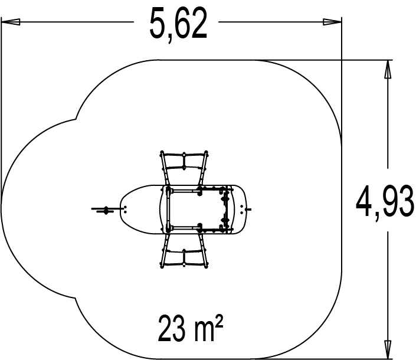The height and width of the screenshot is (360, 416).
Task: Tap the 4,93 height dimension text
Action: pyautogui.click(x=385, y=201)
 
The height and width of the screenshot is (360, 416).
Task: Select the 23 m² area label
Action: pyautogui.click(x=190, y=328)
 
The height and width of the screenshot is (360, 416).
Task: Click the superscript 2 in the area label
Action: pyautogui.click(x=219, y=320)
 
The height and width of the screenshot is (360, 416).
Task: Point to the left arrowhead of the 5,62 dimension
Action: pyautogui.click(x=11, y=22)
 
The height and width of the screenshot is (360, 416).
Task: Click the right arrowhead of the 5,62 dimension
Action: pyautogui.click(x=332, y=22)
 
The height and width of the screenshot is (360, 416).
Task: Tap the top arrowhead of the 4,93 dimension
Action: pyautogui.click(x=388, y=69)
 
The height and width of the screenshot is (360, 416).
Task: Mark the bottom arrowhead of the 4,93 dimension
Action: pyautogui.click(x=388, y=349)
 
